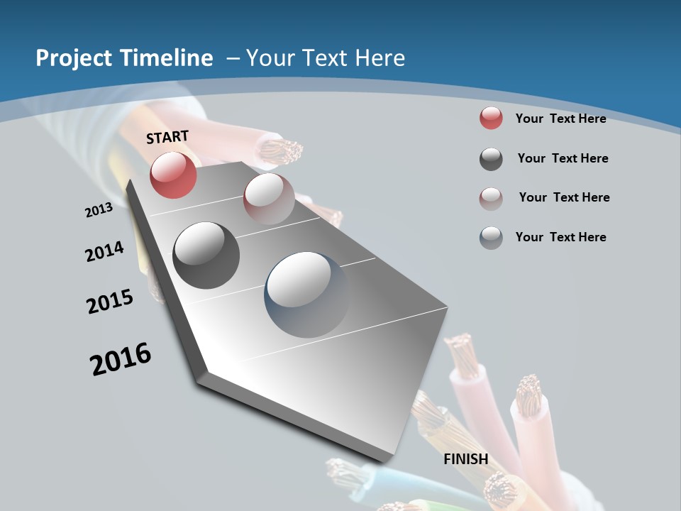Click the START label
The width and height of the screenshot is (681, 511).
[x=167, y=137]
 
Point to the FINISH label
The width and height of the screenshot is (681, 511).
[x=466, y=459]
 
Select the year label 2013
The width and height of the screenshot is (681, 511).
[x=99, y=210]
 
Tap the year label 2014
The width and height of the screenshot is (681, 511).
[x=104, y=251]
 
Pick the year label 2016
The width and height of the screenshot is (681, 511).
[x=121, y=358]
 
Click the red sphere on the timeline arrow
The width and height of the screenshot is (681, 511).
[x=173, y=175]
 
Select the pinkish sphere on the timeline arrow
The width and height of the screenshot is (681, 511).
[x=269, y=199]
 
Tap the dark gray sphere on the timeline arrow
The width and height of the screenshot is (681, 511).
[x=206, y=255]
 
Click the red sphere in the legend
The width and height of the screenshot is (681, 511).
[x=491, y=119]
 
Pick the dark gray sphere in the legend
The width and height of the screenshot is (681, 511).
[x=491, y=159]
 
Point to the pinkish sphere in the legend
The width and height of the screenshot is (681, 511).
[x=491, y=198]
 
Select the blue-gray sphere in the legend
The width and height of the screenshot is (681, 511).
[x=491, y=238]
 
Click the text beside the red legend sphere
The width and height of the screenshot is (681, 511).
[x=560, y=119]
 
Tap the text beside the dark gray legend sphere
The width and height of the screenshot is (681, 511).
[x=563, y=158]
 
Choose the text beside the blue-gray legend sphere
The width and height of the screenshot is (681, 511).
[x=560, y=237]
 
